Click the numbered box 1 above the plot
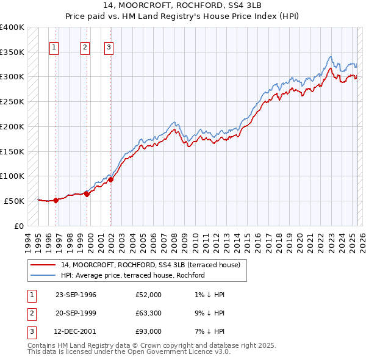[x=55, y=48]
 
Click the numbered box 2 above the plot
[x=85, y=48]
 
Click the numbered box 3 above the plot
[x=109, y=48]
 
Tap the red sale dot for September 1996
[x=56, y=200]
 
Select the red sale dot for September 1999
[x=87, y=194]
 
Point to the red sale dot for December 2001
[x=111, y=179]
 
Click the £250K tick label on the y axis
[x=12, y=101]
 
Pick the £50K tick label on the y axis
[x=14, y=201]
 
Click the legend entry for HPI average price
[x=132, y=275]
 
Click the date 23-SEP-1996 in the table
[x=76, y=295]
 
